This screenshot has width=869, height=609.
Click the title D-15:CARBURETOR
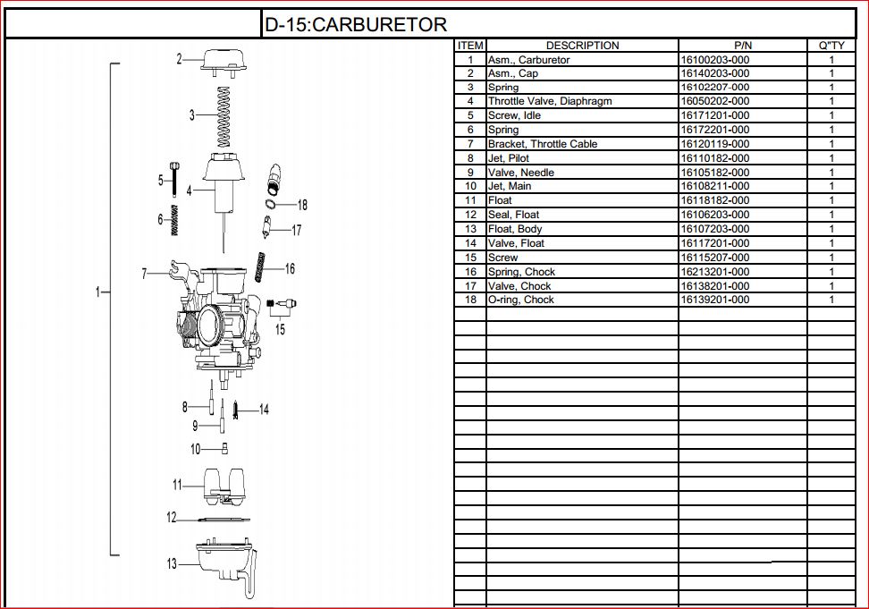[x=355, y=25]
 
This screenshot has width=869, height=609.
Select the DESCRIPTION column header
[x=582, y=46]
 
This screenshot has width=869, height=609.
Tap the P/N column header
[x=743, y=46]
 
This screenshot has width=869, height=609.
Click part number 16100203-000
[x=715, y=60]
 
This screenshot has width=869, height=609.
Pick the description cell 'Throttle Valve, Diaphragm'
[x=550, y=101]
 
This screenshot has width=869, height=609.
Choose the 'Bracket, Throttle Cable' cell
[x=543, y=144]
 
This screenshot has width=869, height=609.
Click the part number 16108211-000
[x=715, y=186]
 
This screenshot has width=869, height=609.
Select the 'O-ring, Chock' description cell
[x=521, y=300]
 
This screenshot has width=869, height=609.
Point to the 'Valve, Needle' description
[x=521, y=172]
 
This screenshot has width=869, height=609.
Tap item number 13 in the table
[x=470, y=229]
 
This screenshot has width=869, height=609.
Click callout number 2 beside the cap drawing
[x=180, y=59]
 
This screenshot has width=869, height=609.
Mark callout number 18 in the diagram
[x=302, y=205]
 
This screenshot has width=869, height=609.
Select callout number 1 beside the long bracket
[x=99, y=292]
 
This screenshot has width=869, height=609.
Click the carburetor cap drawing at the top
[x=222, y=60]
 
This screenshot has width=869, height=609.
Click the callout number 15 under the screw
[x=281, y=329]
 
